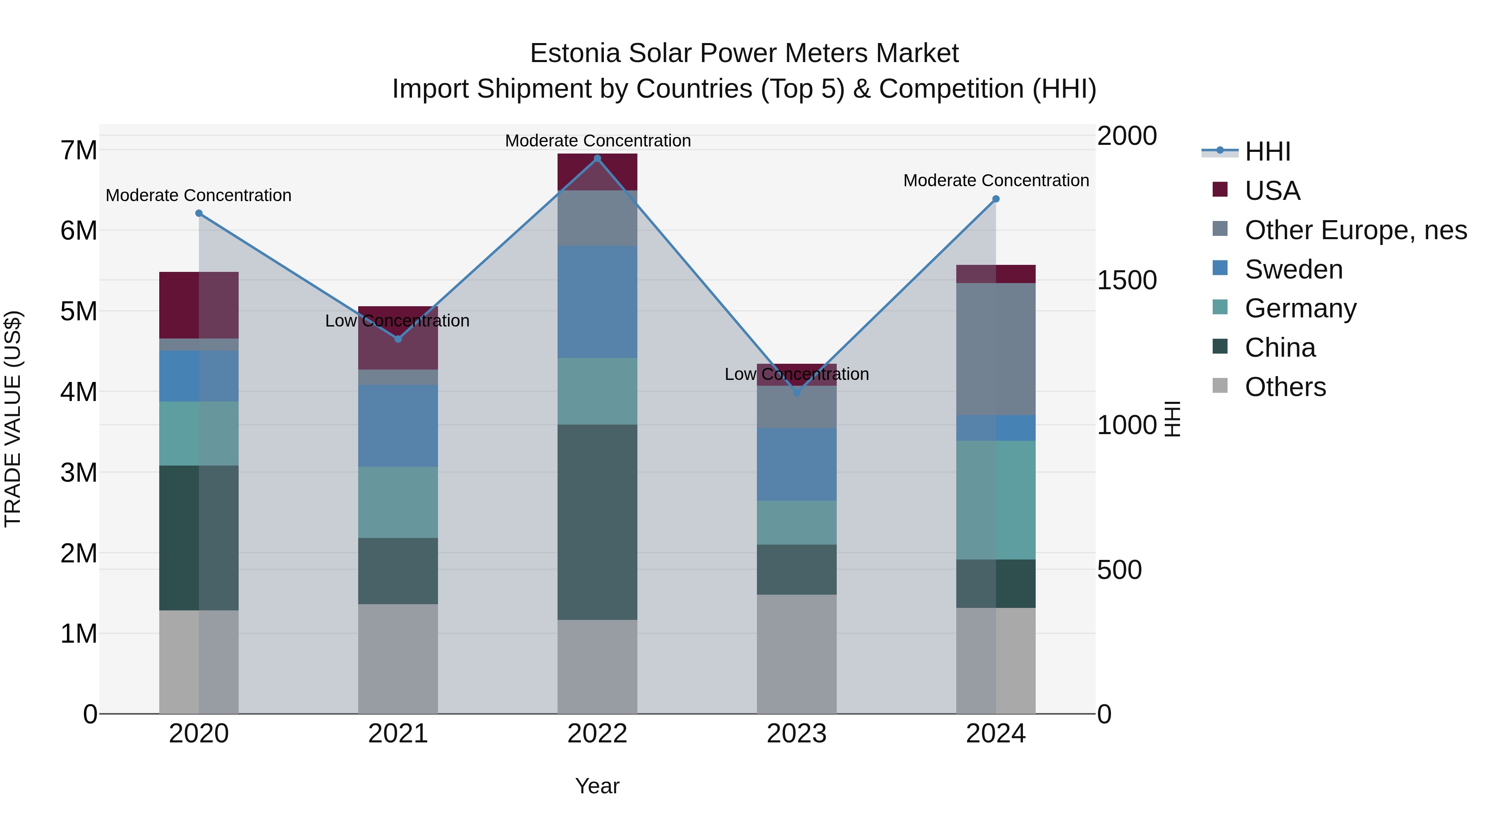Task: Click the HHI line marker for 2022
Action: pyautogui.click(x=597, y=158)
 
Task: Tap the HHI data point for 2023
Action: pyautogui.click(x=797, y=392)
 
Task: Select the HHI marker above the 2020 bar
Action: pyautogui.click(x=199, y=214)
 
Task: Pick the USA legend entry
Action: pyautogui.click(x=1272, y=191)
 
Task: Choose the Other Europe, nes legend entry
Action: pyautogui.click(x=1355, y=230)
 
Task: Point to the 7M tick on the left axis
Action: pyautogui.click(x=79, y=150)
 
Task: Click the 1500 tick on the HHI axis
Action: pyautogui.click(x=1127, y=281)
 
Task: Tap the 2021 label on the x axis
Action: pyautogui.click(x=397, y=734)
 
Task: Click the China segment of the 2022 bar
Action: pyautogui.click(x=597, y=522)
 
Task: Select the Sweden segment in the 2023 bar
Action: pyautogui.click(x=797, y=464)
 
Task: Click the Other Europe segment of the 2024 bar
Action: pyautogui.click(x=996, y=349)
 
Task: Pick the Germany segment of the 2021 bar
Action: pyautogui.click(x=397, y=502)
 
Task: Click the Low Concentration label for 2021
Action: pyautogui.click(x=397, y=321)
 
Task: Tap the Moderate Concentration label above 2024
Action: pyautogui.click(x=996, y=180)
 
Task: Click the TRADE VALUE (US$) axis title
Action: pyautogui.click(x=13, y=419)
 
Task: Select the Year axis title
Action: pyautogui.click(x=597, y=786)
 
